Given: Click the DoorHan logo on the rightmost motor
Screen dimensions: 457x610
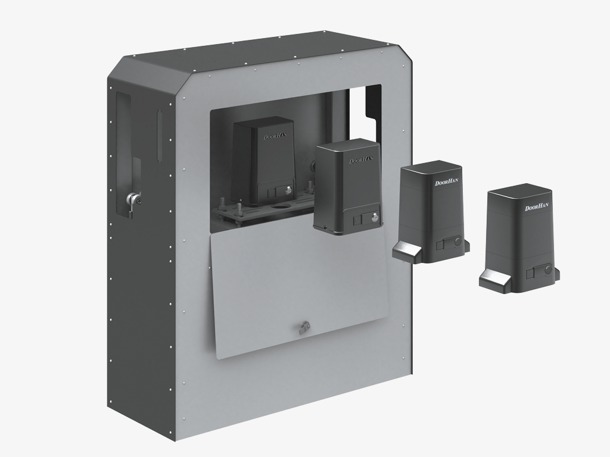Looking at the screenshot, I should click(536, 207).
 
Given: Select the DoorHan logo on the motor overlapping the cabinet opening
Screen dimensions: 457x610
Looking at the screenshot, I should click(360, 160).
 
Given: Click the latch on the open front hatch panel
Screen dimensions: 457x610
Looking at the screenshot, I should click(305, 325).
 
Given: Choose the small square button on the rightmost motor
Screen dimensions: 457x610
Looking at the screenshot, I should click(530, 273).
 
